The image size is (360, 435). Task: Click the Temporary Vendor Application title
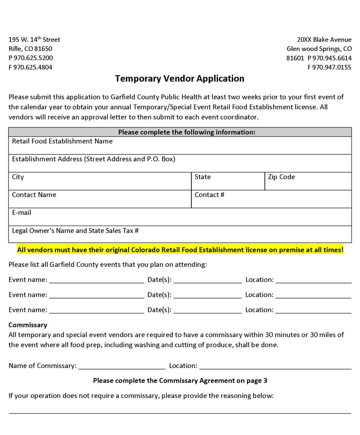(x=180, y=79)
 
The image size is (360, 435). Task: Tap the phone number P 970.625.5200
(x=31, y=58)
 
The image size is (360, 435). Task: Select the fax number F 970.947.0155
(x=329, y=68)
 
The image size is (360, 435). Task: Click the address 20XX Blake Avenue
(x=324, y=40)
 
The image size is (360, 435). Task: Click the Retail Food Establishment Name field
(x=180, y=145)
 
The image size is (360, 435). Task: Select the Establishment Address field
(x=180, y=163)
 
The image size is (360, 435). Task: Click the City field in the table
(x=99, y=181)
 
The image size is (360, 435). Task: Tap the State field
(x=228, y=181)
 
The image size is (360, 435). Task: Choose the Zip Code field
(x=308, y=181)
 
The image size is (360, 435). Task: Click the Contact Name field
(x=99, y=199)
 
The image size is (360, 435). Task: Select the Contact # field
(x=271, y=199)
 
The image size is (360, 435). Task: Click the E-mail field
(x=180, y=217)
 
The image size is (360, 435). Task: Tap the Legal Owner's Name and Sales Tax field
(x=180, y=235)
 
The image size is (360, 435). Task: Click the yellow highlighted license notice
(x=180, y=249)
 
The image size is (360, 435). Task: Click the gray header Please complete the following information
(x=180, y=132)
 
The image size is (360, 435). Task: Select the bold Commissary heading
(x=28, y=325)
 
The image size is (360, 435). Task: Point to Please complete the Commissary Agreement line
(x=180, y=381)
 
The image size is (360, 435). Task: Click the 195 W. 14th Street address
(x=34, y=40)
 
